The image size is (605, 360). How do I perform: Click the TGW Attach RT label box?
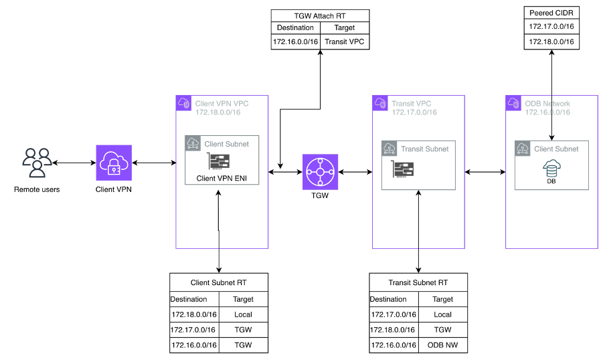coord(320,15)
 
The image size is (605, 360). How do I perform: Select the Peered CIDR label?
coord(551,13)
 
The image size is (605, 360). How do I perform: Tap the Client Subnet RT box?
coord(218,282)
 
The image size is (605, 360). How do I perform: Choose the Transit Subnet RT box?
coord(418,282)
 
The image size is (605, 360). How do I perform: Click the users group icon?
coord(37,163)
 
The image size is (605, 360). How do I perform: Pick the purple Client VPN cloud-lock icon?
coord(114,163)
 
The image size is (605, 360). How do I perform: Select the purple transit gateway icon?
coord(320,172)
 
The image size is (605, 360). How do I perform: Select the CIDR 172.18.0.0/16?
coord(218,112)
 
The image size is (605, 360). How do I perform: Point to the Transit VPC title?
coord(412,104)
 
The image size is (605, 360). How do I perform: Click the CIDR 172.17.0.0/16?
coord(414,112)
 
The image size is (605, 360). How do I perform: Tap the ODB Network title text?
coord(547,104)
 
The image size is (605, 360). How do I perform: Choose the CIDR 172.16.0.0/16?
coord(547,112)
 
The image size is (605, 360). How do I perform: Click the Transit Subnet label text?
coord(425,149)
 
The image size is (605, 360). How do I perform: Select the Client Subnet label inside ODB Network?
coord(556,149)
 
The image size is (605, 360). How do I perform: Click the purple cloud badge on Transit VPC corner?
coord(380,104)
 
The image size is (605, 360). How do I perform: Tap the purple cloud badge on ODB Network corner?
coord(513,104)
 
